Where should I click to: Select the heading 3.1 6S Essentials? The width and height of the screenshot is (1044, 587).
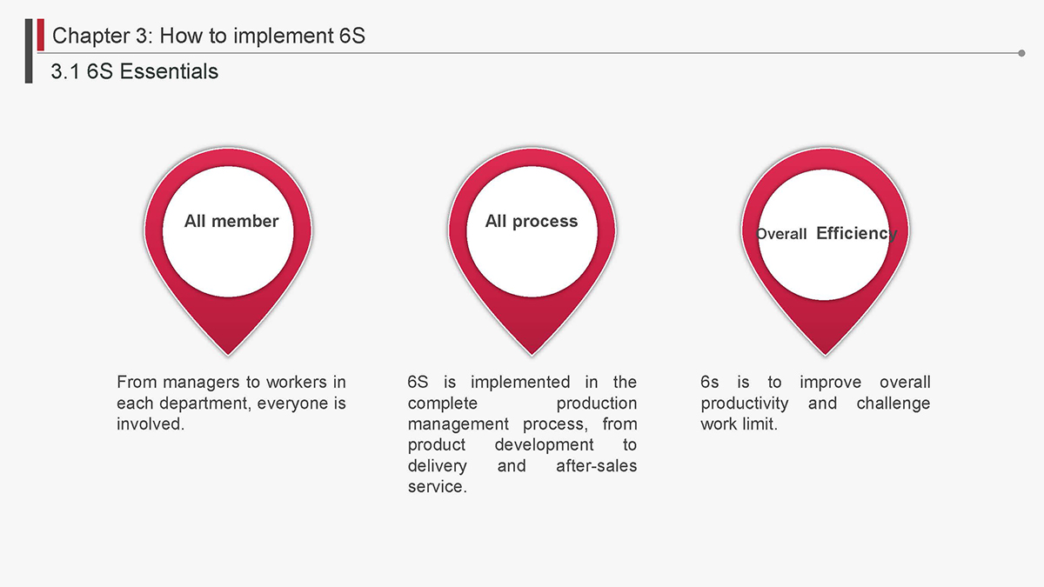coord(134,71)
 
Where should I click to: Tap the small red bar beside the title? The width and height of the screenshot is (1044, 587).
coord(41,35)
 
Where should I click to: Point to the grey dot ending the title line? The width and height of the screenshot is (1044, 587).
coord(1021,53)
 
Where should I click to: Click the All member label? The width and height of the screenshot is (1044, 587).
coord(231,221)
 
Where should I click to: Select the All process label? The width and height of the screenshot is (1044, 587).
coord(532,221)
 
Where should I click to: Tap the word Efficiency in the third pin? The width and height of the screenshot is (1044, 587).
coord(857,233)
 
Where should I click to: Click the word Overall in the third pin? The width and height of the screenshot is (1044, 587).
coord(781,234)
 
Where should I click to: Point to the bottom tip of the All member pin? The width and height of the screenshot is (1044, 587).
coord(228,356)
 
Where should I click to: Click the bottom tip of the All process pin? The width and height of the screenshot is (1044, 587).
coord(532,356)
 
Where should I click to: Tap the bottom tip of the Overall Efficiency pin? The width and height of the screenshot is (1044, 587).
coord(825,356)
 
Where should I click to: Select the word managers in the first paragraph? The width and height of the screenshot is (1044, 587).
coord(201,383)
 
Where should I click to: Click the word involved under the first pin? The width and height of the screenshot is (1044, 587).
coord(151,424)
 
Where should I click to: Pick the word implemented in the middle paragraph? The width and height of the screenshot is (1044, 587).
coord(520,382)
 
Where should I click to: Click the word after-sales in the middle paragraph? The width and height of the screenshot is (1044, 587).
coord(597,465)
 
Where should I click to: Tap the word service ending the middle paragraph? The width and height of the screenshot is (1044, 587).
coord(437,487)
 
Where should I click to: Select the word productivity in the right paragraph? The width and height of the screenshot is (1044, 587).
coord(745,404)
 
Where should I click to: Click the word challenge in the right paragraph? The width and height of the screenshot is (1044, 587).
coord(893,404)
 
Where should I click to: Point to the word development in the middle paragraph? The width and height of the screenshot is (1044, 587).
coord(545,445)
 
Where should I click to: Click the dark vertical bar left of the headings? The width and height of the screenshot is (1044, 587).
coord(29,51)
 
